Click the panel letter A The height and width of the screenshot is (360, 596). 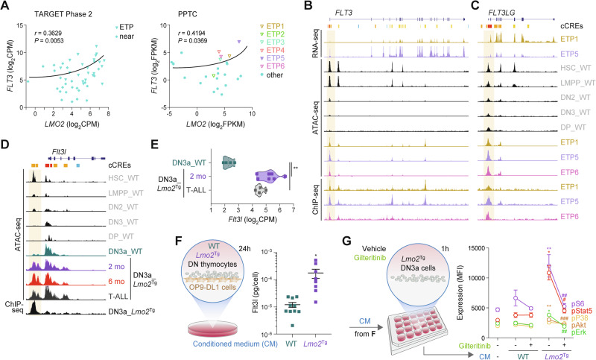click(x=6, y=6)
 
